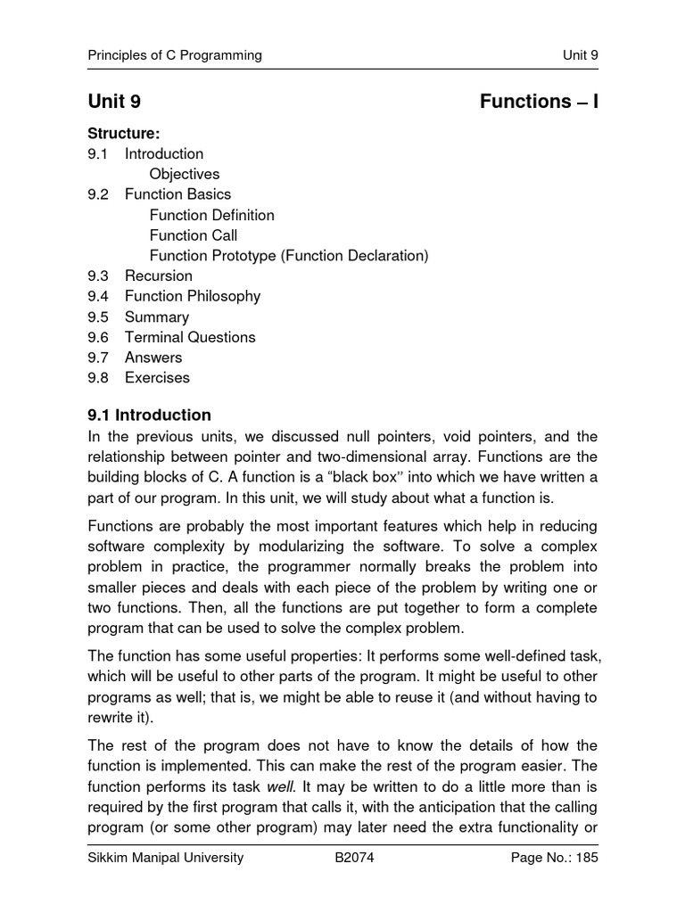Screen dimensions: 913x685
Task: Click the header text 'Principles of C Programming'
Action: [175, 55]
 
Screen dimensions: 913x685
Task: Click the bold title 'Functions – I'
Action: [539, 102]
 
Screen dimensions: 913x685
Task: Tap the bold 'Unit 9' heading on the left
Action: [114, 102]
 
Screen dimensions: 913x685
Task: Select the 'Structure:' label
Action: [123, 134]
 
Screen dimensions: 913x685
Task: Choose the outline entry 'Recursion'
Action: [159, 276]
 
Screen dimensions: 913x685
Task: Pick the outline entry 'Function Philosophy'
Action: [193, 296]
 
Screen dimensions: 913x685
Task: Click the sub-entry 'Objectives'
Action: [185, 174]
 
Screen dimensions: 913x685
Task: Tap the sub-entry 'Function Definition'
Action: [212, 215]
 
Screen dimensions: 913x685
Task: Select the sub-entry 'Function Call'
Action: [194, 235]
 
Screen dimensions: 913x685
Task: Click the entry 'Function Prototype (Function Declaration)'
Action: [289, 256]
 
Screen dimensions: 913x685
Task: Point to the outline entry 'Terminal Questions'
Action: [190, 337]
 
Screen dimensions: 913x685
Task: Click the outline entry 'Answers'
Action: [153, 358]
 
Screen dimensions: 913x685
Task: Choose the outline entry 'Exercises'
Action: [157, 377]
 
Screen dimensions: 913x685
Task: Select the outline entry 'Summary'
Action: [157, 317]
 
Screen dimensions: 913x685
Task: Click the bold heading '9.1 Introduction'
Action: [149, 415]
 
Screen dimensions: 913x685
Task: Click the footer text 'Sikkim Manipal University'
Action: [165, 859]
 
